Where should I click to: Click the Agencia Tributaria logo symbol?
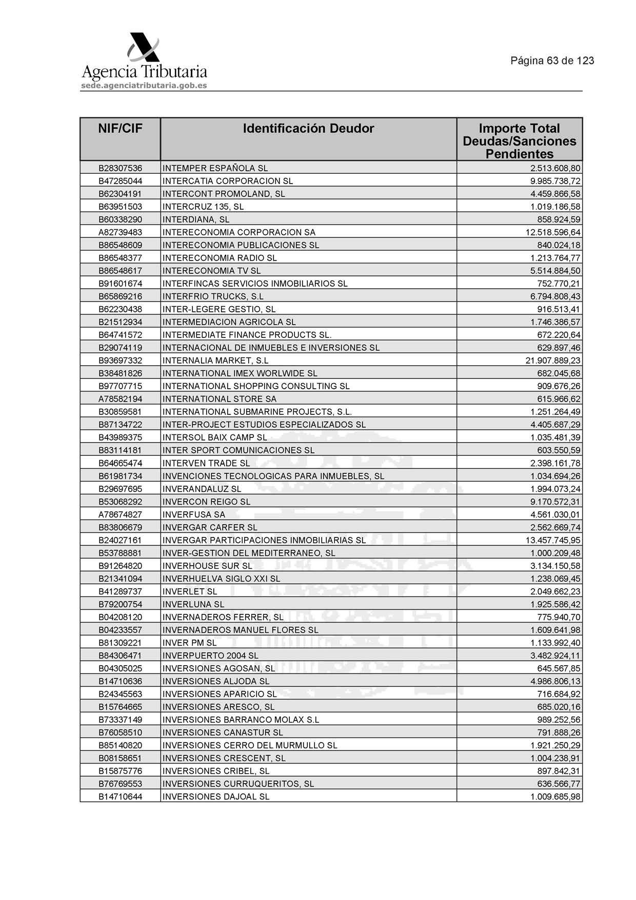143,48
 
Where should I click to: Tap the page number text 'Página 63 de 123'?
552,61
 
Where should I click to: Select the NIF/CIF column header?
120,128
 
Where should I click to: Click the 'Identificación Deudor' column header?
308,128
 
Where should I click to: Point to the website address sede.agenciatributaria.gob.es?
144,86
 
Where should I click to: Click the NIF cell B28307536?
120,168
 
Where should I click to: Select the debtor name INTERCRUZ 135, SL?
203,207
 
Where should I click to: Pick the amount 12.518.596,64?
553,232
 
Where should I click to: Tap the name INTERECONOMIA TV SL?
211,271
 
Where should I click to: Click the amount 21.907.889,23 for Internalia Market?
553,361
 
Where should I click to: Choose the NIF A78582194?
120,399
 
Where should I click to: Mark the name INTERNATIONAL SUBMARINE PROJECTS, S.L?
257,412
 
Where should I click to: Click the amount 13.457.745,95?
553,540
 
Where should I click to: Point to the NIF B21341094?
120,578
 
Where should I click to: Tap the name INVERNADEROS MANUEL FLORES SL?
240,630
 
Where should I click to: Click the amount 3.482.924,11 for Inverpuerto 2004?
555,655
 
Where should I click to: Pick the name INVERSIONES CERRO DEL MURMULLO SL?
250,745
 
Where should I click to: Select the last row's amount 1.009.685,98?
555,796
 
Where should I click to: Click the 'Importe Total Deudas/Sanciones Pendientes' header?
519,141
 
